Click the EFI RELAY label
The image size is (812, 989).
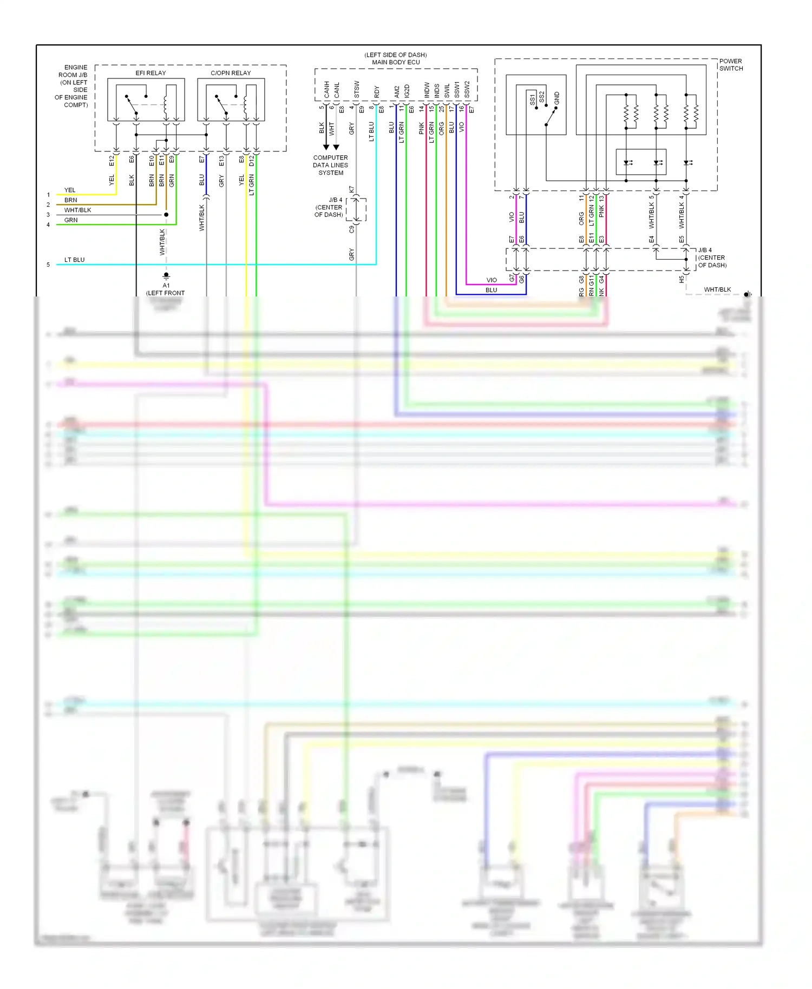click(x=150, y=73)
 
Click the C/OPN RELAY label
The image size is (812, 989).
click(x=231, y=73)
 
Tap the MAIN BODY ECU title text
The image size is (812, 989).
click(x=396, y=62)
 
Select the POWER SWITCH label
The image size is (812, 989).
click(x=731, y=65)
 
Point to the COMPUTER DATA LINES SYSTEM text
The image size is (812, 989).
click(x=331, y=165)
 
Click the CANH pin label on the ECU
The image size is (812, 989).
click(x=326, y=89)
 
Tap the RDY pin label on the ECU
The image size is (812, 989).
click(x=377, y=91)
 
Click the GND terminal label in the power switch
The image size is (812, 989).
click(x=556, y=98)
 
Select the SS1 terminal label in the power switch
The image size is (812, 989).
click(x=532, y=99)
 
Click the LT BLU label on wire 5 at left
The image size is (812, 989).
click(x=74, y=260)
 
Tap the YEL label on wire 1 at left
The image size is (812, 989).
click(x=70, y=190)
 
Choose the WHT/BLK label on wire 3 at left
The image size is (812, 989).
click(x=77, y=210)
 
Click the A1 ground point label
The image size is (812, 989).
click(x=166, y=285)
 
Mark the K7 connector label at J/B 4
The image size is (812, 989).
click(x=352, y=190)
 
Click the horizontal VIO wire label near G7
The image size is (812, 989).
click(x=492, y=280)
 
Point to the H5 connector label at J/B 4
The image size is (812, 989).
click(x=682, y=280)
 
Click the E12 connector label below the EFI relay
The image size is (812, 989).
click(x=112, y=160)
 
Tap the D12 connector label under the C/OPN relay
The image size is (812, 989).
click(x=251, y=160)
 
